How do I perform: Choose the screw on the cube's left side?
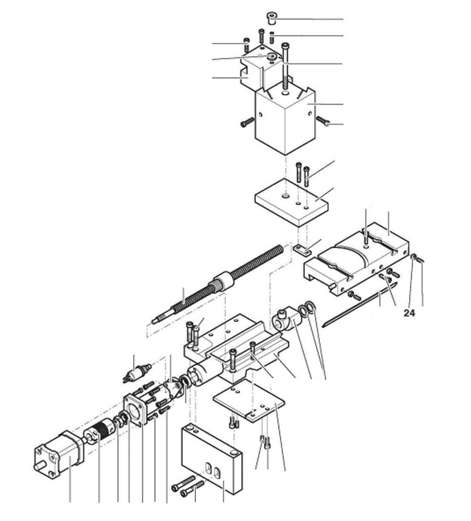246,123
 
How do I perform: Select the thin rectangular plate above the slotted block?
250,399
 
